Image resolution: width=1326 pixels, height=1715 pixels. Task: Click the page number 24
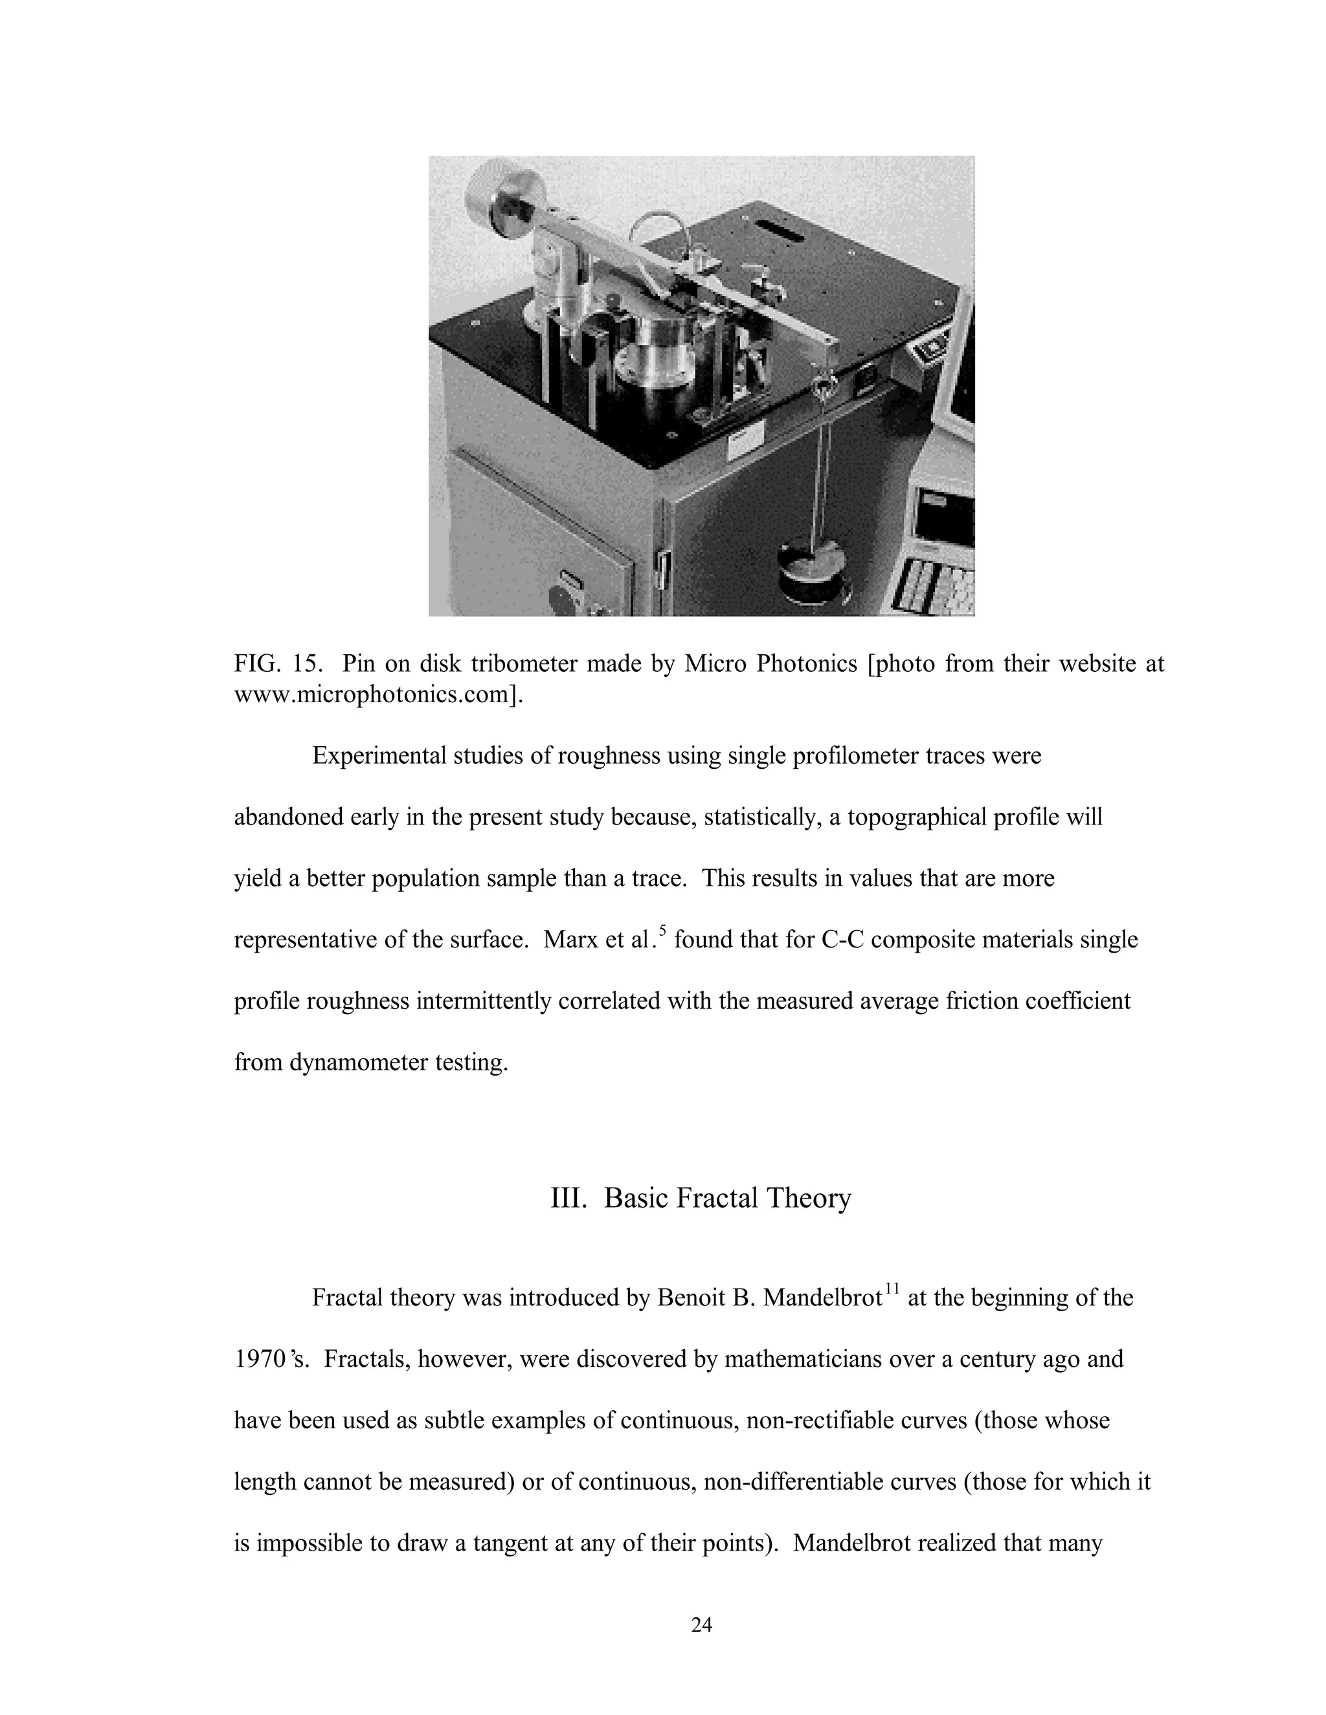tap(701, 1624)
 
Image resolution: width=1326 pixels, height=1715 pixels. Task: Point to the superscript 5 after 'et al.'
tap(662, 931)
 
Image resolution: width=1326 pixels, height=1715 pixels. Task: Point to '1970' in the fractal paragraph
tap(259, 1358)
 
